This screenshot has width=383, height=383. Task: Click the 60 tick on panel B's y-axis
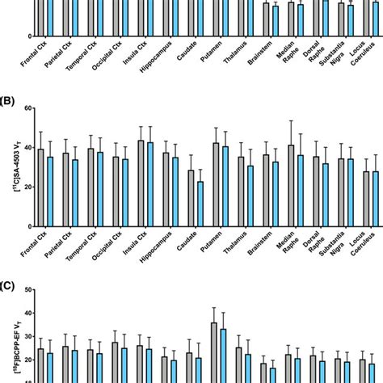[x=27, y=108]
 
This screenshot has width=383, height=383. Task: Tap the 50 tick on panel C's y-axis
[x=27, y=289]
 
